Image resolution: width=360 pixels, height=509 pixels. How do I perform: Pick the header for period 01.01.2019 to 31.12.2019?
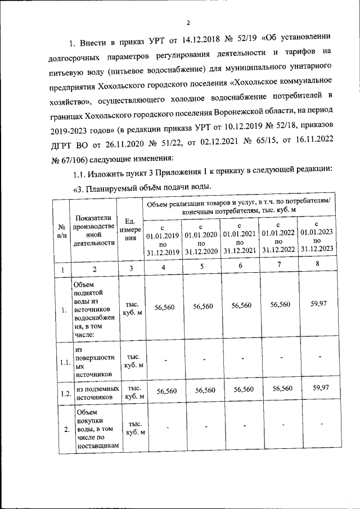click(163, 239)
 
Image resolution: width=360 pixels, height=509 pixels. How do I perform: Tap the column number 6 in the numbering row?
click(241, 266)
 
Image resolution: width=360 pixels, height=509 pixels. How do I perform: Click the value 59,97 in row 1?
click(319, 304)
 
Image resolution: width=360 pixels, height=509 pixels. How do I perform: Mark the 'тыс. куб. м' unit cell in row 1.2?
click(134, 392)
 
